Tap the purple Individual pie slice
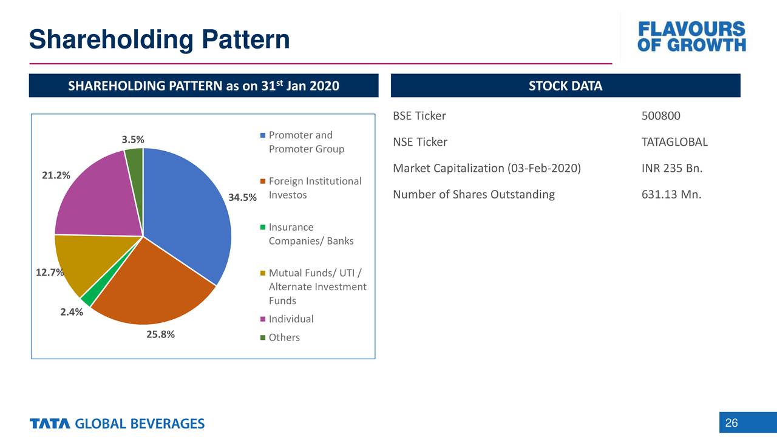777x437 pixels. [x=97, y=194]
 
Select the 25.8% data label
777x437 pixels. [x=160, y=334]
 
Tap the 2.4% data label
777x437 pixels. [x=72, y=313]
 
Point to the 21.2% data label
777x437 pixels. [x=56, y=175]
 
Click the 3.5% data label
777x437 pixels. [x=133, y=139]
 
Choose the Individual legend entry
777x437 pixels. [x=291, y=319]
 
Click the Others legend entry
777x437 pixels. [x=284, y=337]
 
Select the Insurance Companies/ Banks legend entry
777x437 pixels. [x=310, y=234]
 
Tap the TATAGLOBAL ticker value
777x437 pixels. [x=674, y=142]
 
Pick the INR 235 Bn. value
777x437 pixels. [x=671, y=168]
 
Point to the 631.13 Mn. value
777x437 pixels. [x=671, y=195]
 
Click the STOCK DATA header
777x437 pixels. [x=565, y=86]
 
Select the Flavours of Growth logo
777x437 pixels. [x=691, y=37]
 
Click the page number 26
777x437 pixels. [x=731, y=423]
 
